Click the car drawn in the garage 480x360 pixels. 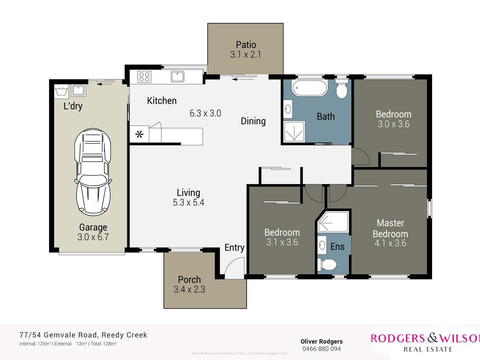click(x=93, y=172)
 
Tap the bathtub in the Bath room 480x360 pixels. click(x=310, y=88)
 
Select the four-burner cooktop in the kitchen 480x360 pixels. click(x=144, y=77)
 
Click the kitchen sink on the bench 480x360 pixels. click(x=177, y=77)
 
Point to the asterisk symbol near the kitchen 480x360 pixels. click(x=139, y=135)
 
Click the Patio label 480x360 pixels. click(x=246, y=45)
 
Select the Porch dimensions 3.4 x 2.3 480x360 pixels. click(x=189, y=289)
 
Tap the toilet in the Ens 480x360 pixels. click(x=328, y=265)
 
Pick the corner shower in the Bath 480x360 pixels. click(x=294, y=132)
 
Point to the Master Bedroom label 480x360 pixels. click(x=390, y=228)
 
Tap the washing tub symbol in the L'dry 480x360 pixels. click(x=61, y=91)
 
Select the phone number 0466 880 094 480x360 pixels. click(x=321, y=349)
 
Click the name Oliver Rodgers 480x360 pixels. click(x=321, y=341)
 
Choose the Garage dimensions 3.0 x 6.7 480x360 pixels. click(x=93, y=237)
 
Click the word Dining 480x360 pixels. click(x=253, y=121)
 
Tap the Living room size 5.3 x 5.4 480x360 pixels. click(x=188, y=202)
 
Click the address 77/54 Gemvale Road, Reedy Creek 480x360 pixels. click(x=83, y=335)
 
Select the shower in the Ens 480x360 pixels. click(x=333, y=222)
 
